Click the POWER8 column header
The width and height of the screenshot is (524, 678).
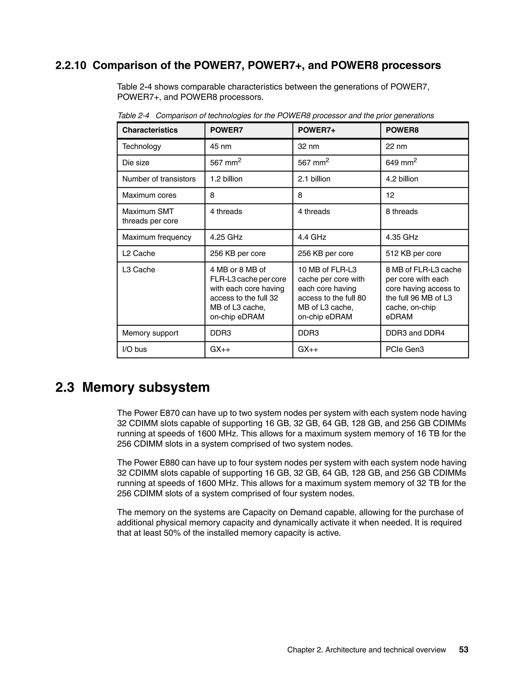(402, 130)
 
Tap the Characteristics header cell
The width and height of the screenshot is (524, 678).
(150, 130)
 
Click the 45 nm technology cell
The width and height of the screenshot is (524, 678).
(221, 147)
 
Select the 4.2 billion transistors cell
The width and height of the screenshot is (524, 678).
(402, 179)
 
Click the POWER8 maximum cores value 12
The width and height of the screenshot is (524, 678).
(390, 195)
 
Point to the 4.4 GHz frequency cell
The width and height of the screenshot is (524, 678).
(312, 237)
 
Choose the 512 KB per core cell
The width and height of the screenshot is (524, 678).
(413, 253)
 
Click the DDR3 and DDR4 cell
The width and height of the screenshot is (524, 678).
(415, 333)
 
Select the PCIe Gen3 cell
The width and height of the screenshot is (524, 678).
(405, 349)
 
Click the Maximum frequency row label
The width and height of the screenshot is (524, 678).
(157, 237)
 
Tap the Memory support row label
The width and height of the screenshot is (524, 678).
(150, 333)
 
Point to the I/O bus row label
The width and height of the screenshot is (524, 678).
(134, 349)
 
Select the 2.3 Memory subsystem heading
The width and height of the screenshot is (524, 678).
(133, 387)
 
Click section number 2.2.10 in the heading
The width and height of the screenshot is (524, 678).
(71, 65)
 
